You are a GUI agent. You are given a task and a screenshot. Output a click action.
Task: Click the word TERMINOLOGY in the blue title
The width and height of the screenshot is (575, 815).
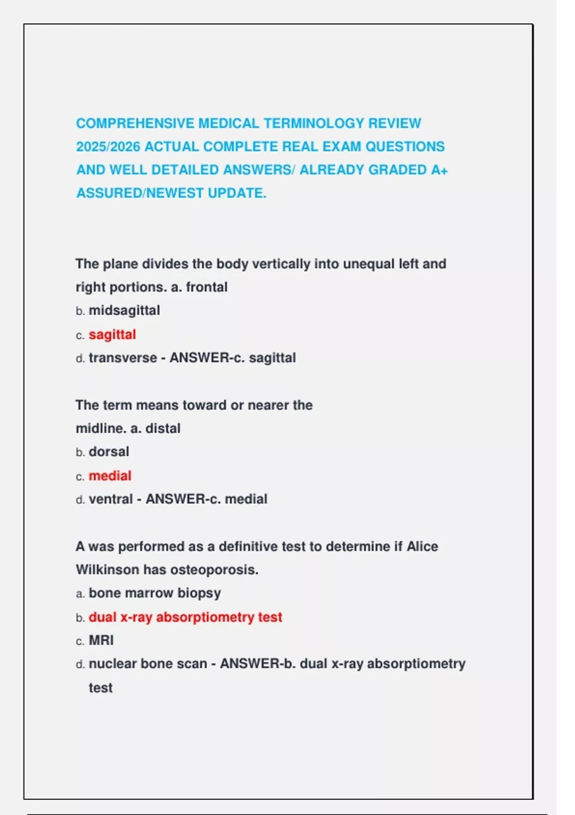[314, 123]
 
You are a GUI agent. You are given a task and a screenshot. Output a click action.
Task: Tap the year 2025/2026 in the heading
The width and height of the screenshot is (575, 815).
[108, 147]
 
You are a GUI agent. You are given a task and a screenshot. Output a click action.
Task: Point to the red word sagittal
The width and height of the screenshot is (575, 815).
[112, 334]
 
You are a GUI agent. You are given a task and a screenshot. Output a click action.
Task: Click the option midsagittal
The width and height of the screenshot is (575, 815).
[124, 310]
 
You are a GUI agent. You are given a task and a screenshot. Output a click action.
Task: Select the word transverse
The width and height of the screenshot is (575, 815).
[123, 358]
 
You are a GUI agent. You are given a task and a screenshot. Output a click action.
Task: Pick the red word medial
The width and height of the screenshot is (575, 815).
[110, 476]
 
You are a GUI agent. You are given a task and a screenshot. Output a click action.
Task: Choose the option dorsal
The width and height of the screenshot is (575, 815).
[109, 452]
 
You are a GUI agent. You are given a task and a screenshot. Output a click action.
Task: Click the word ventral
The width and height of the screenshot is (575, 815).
[111, 499]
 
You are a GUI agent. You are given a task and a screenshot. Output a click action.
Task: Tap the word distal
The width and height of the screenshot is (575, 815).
[163, 428]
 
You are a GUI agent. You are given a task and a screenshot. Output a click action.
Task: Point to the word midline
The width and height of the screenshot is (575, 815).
[101, 428]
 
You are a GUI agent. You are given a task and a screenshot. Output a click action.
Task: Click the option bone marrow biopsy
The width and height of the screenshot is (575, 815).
[155, 593]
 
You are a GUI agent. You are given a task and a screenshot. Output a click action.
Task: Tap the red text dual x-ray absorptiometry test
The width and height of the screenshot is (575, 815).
[185, 617]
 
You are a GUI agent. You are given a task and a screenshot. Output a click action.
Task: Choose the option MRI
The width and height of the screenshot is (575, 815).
[101, 640]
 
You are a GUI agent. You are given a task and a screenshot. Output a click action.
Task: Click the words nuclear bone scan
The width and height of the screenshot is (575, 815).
[148, 664]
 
